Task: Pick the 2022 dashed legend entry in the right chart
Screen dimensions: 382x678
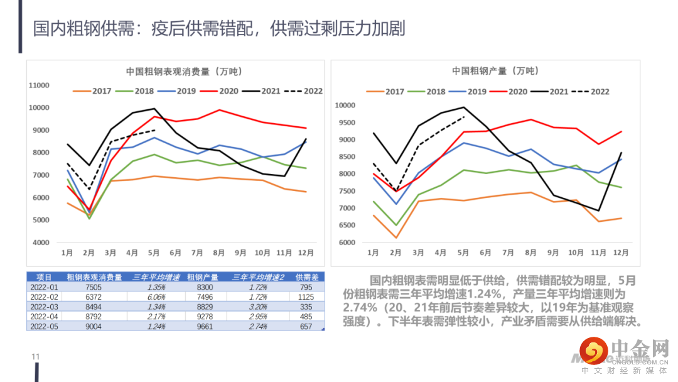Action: click(591, 92)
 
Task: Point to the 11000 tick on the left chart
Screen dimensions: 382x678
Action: click(40, 85)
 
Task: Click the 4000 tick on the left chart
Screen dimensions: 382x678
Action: click(41, 243)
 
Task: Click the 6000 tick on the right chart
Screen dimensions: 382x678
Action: click(348, 243)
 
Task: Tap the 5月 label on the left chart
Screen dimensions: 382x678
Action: click(154, 253)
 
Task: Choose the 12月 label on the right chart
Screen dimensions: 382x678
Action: click(620, 253)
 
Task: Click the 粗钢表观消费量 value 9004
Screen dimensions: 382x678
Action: click(94, 327)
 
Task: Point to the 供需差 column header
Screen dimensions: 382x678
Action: click(306, 277)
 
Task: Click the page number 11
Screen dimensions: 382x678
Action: click(35, 357)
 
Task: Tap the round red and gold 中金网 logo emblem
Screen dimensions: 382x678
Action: click(593, 351)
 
